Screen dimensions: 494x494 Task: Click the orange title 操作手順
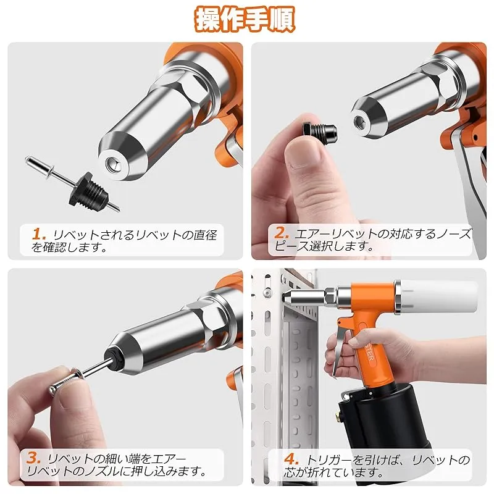tap(245, 20)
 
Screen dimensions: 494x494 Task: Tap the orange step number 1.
tap(39, 234)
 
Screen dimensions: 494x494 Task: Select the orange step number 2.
tap(282, 233)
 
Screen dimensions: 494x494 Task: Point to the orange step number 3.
tap(33, 458)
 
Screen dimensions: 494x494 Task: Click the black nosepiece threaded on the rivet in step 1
tap(87, 190)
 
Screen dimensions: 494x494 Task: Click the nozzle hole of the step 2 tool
tap(358, 120)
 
